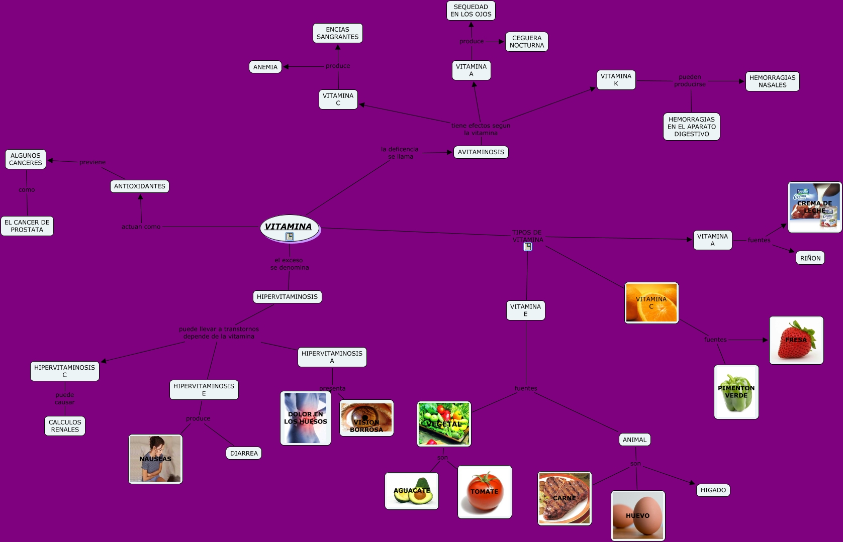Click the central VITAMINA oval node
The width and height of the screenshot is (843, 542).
289,228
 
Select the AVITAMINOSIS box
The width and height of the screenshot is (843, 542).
481,152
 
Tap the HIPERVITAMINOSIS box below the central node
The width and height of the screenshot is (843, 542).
287,297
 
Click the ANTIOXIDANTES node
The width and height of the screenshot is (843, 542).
139,186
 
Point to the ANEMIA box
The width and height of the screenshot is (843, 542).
265,67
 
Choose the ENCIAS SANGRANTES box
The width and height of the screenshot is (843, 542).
337,33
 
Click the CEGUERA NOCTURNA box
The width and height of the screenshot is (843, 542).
526,42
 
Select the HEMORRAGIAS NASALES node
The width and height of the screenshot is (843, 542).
772,81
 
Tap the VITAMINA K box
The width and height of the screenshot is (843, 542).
616,80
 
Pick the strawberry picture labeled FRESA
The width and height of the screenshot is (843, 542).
796,340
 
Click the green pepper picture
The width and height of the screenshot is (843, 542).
736,392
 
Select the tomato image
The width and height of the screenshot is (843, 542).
485,492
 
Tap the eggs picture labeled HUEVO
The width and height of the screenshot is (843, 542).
638,515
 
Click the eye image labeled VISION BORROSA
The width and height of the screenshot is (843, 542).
366,418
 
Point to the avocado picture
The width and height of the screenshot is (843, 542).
412,491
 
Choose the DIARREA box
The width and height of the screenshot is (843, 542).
244,453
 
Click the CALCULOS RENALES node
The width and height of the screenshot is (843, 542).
65,426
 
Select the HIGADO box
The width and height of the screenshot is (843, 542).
713,490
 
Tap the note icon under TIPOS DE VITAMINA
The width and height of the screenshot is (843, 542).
528,247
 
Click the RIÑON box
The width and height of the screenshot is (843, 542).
810,258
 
